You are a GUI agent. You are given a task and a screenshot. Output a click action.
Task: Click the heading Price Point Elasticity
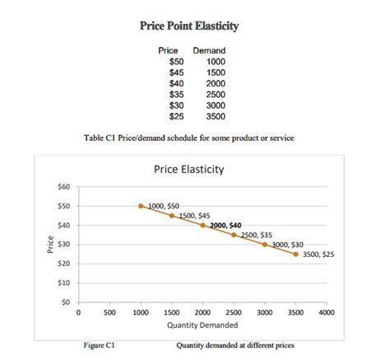click(189, 26)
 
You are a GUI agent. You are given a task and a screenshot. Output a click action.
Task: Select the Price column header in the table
click(168, 51)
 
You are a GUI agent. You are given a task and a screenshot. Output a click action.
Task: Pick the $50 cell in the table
click(176, 62)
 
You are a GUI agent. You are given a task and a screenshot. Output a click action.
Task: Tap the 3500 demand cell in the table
click(215, 117)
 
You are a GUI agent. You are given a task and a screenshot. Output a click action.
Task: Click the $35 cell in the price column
click(176, 95)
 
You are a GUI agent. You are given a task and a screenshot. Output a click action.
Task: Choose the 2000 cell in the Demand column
click(215, 84)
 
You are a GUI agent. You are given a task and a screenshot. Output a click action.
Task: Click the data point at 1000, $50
click(141, 206)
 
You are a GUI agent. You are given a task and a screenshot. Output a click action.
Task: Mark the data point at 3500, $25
click(296, 254)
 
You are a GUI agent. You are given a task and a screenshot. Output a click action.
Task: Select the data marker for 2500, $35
click(234, 235)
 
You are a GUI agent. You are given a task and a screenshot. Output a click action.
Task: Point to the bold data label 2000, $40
click(225, 225)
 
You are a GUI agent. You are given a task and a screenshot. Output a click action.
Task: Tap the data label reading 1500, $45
click(194, 215)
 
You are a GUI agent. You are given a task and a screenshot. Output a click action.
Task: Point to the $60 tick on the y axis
click(63, 187)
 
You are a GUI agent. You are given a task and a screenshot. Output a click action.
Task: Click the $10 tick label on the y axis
click(63, 283)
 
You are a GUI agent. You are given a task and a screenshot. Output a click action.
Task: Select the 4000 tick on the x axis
click(327, 314)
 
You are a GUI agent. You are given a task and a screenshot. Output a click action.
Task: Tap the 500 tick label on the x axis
click(109, 314)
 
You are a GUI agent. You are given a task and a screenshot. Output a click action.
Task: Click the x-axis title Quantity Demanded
click(202, 325)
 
